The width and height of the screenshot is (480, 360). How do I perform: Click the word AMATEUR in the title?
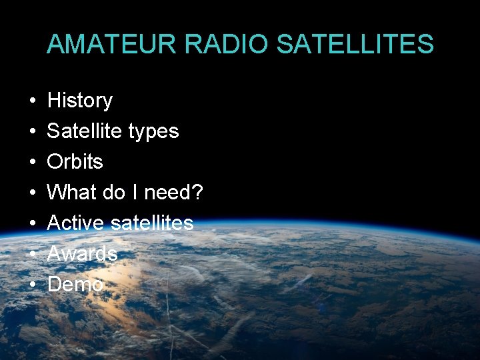111,43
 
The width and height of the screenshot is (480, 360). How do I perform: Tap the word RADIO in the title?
226,43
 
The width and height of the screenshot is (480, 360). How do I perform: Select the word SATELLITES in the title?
355,43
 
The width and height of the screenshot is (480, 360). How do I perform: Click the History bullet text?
80,101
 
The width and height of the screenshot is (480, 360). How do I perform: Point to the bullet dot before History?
33,100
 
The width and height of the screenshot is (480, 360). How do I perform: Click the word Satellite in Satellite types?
85,131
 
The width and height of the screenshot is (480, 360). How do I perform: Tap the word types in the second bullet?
153,132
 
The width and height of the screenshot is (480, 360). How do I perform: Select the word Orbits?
75,161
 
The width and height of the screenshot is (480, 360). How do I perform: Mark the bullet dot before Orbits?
33,161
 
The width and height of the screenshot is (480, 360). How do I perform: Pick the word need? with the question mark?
173,192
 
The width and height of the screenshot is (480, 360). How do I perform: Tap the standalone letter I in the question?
135,192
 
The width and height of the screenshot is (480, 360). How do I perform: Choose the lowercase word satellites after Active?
152,223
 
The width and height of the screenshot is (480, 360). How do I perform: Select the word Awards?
83,253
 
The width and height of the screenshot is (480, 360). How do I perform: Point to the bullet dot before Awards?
33,253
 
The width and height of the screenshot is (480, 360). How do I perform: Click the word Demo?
75,284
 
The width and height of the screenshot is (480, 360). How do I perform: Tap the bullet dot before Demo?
33,284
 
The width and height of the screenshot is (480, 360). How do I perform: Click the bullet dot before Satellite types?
33,131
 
